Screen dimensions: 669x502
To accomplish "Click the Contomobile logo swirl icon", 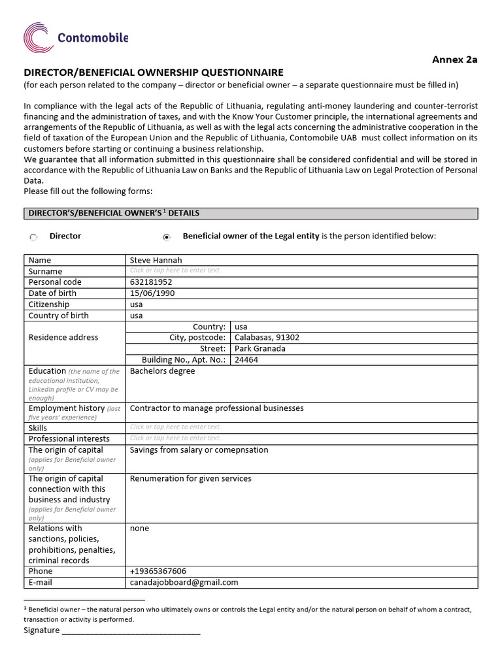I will click(39, 37).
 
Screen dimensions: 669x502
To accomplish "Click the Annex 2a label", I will click(455, 59).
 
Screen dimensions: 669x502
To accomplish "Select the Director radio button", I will click(33, 237).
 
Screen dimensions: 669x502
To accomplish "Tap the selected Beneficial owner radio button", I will click(167, 237).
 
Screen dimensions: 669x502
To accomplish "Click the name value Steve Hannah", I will click(156, 260).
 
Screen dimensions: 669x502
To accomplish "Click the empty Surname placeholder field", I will click(176, 270).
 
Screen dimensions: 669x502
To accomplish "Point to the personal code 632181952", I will click(151, 282).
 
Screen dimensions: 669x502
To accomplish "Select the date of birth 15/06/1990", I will click(152, 293).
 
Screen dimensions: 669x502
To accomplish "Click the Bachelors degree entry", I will click(162, 371).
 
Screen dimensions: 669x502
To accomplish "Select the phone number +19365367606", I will click(158, 571).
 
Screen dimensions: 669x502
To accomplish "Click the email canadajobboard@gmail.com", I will click(184, 582).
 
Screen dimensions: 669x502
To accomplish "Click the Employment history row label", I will click(67, 408).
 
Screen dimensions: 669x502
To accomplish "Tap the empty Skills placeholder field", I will click(176, 427).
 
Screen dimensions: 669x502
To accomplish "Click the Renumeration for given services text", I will click(190, 479).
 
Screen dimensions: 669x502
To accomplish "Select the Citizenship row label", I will click(49, 304).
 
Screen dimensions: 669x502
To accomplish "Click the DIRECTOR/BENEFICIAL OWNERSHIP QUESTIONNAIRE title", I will click(154, 73).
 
